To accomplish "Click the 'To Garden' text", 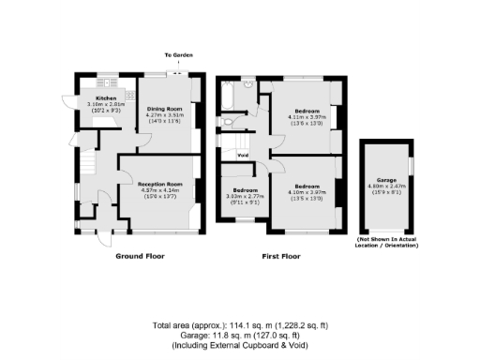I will click(x=178, y=56).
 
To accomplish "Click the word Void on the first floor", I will click(x=242, y=155).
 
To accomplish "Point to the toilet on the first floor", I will click(x=228, y=121).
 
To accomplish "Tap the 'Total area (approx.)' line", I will click(x=239, y=325).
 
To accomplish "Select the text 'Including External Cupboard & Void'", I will click(x=239, y=344).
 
